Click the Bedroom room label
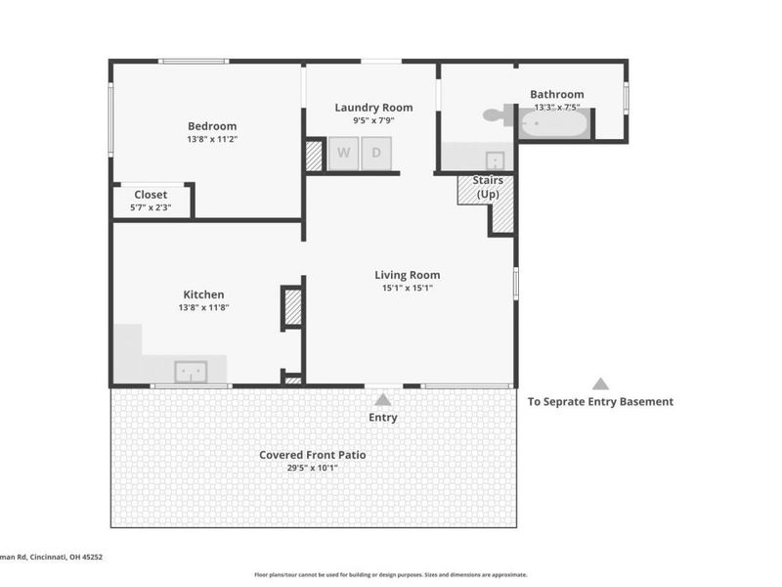(212, 126)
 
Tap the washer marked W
(343, 154)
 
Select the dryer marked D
(376, 154)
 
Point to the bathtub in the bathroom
(554, 124)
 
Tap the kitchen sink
(191, 372)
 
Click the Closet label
(151, 195)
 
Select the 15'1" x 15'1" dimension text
(407, 289)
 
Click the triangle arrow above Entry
(383, 399)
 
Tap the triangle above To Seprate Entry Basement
(600, 384)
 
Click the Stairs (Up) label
(488, 187)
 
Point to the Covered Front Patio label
(313, 455)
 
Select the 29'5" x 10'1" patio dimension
(313, 468)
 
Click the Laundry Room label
(373, 108)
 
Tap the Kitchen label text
(203, 294)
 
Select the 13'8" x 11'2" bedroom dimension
(212, 140)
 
